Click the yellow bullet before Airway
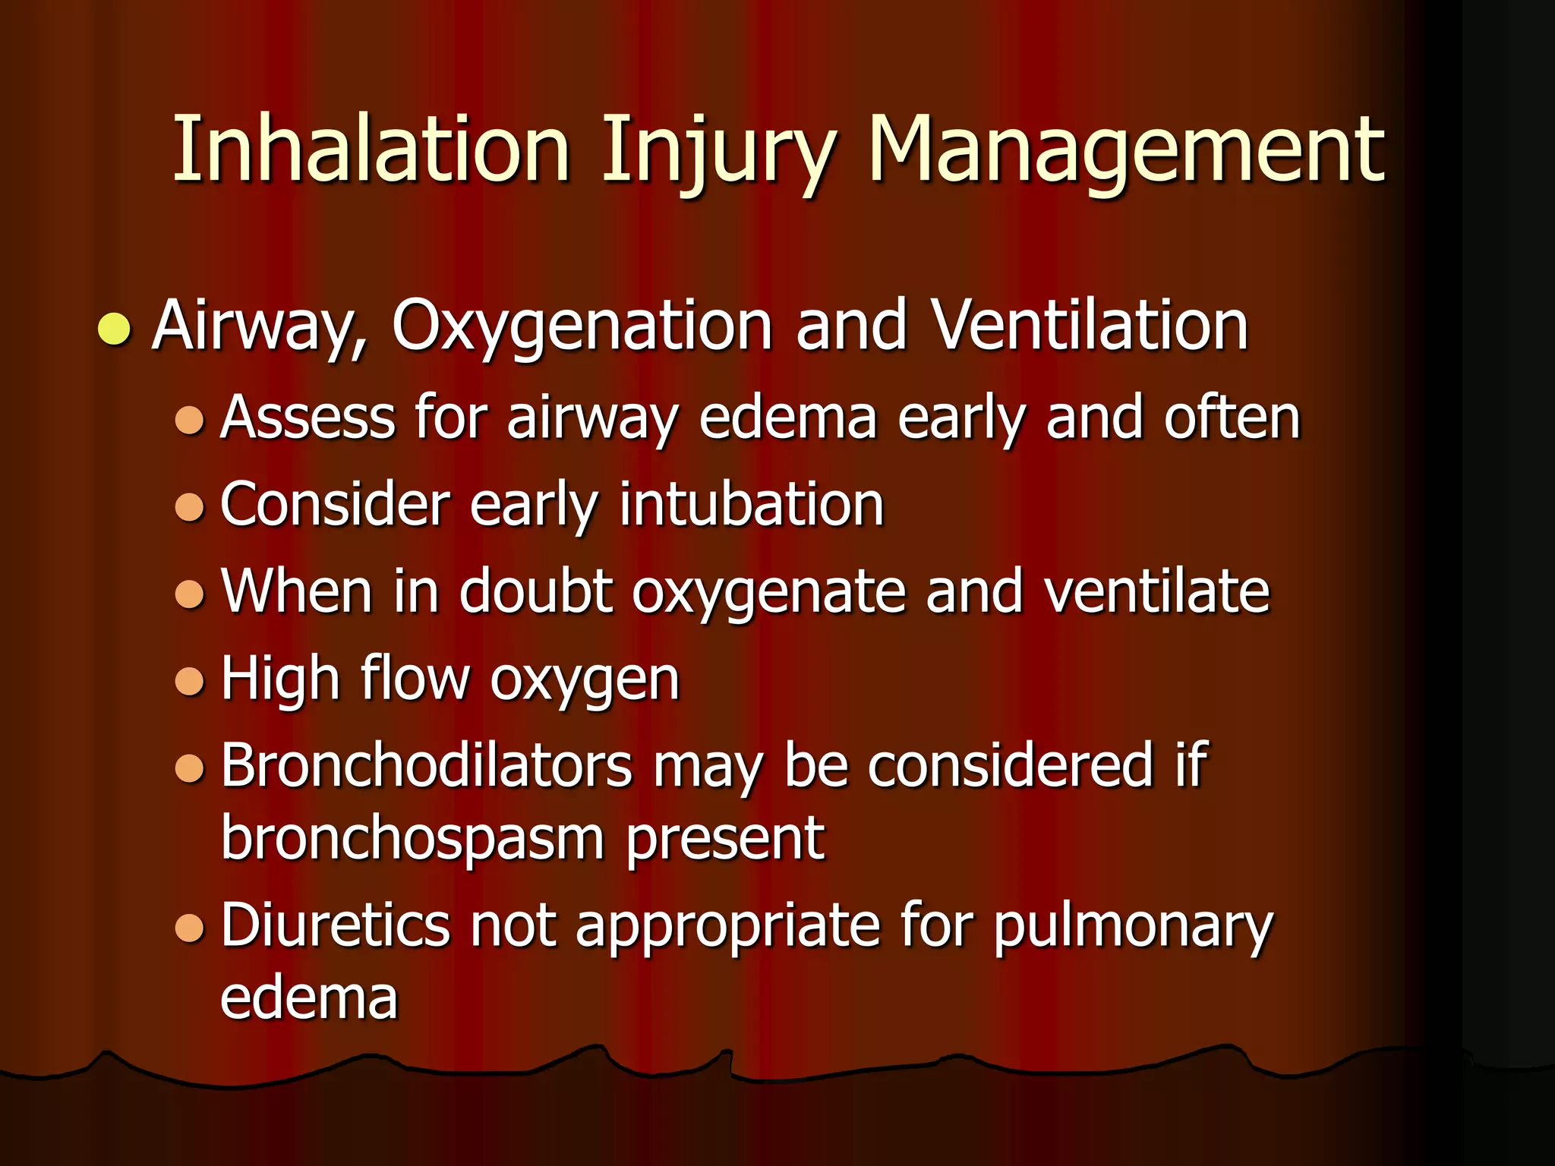tap(115, 328)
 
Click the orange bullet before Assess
tap(190, 420)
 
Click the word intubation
tap(752, 504)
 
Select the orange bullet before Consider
tap(190, 506)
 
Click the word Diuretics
tap(335, 925)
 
